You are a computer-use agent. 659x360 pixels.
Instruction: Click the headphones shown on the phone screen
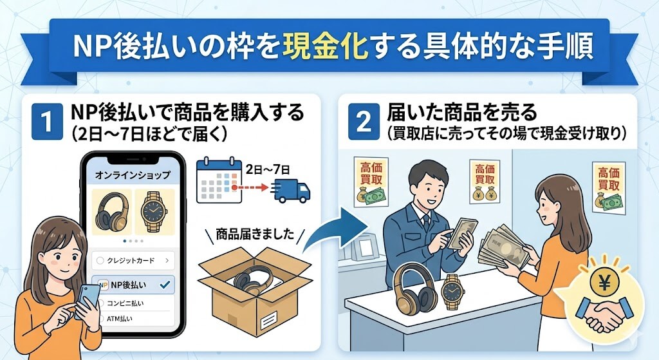[x=112, y=211]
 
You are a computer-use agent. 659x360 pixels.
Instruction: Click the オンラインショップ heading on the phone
[x=133, y=175]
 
